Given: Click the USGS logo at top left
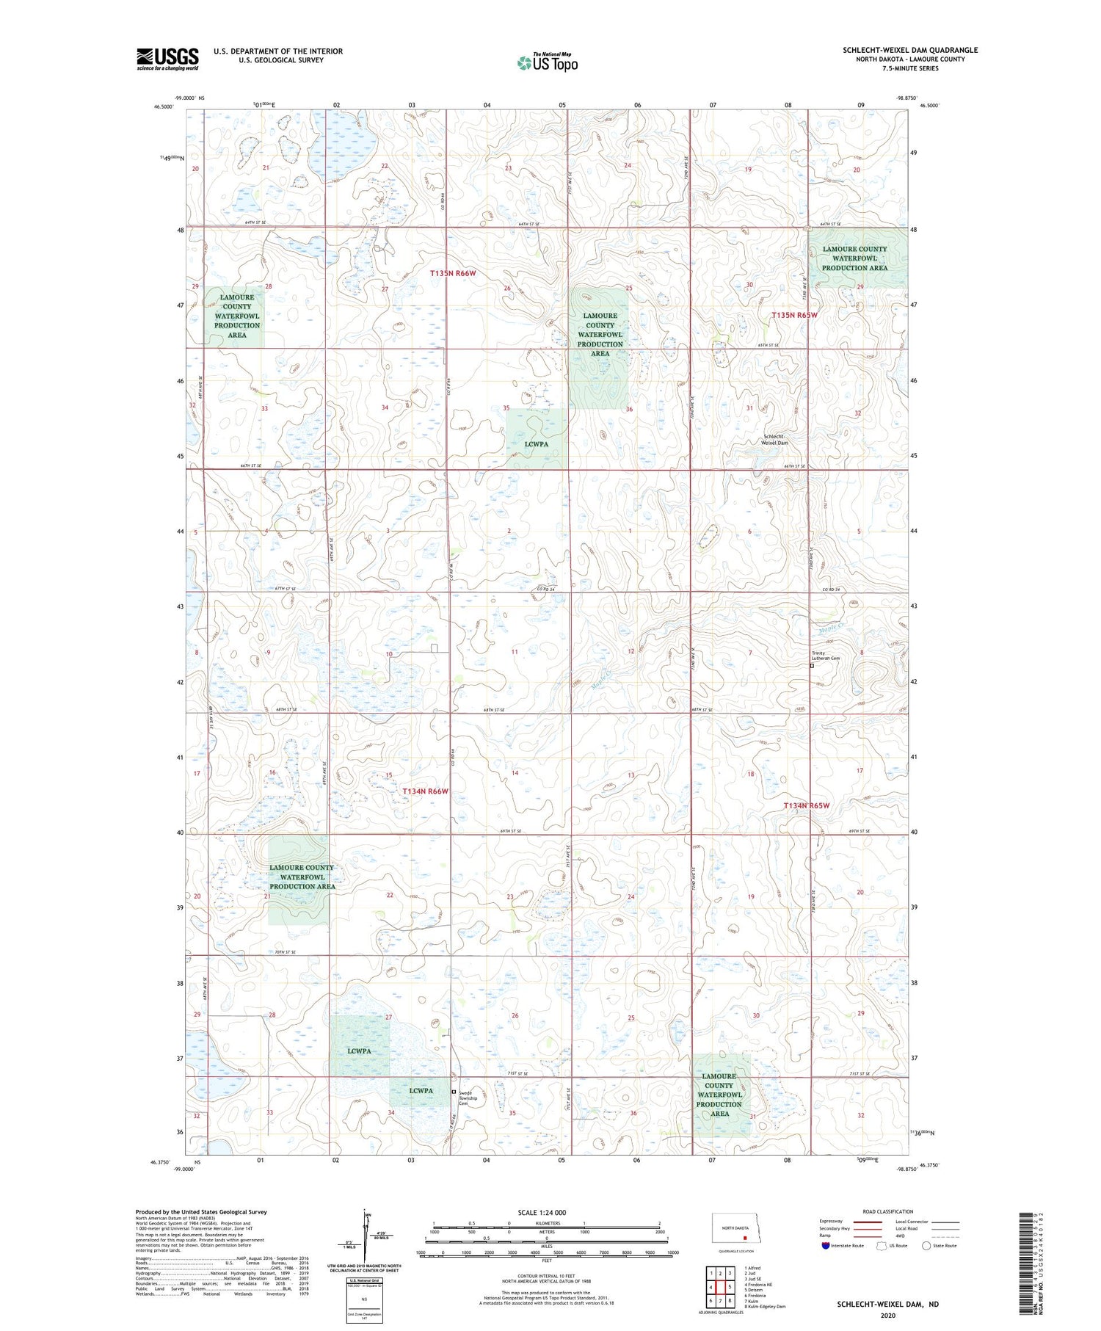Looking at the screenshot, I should click(x=167, y=59).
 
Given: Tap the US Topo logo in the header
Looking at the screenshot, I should click(x=548, y=63).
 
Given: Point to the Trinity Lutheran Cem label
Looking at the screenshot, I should click(x=824, y=656).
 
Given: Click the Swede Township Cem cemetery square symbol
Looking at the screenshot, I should click(x=454, y=1092).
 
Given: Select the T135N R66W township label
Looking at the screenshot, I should click(x=454, y=273).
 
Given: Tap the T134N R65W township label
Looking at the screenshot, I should click(x=806, y=805).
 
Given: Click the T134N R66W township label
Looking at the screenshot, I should click(x=425, y=791).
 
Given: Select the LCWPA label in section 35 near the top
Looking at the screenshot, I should click(x=537, y=443).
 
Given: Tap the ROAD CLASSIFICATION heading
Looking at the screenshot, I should click(x=887, y=1211).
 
